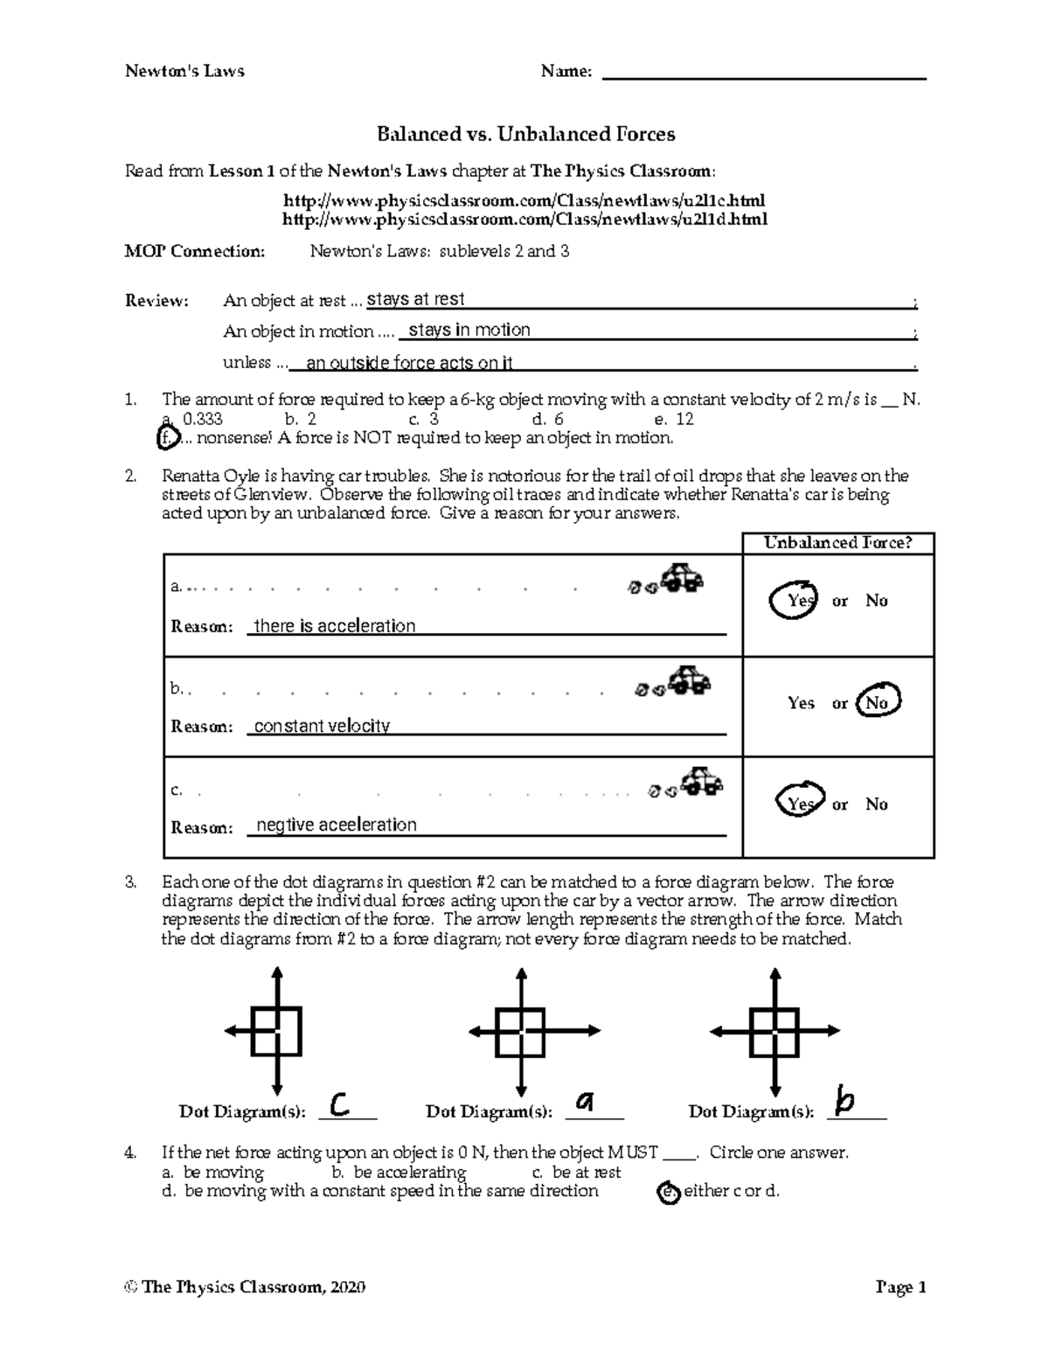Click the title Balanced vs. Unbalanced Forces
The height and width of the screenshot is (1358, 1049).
click(525, 134)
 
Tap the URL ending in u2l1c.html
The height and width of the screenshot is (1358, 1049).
click(525, 200)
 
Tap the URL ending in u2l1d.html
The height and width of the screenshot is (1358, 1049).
click(525, 219)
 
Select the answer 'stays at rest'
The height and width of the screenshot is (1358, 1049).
click(415, 300)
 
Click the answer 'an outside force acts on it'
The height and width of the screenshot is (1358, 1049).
click(409, 363)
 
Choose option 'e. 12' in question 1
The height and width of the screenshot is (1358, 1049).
click(673, 419)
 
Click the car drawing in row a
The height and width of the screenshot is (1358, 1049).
click(682, 578)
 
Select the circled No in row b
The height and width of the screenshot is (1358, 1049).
click(877, 702)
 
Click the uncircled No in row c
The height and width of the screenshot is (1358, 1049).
click(876, 804)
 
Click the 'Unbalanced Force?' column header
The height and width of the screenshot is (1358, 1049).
click(837, 543)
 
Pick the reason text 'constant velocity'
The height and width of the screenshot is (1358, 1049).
click(322, 726)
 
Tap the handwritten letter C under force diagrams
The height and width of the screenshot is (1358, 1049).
click(340, 1104)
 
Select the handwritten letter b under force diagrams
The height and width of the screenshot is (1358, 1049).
click(844, 1100)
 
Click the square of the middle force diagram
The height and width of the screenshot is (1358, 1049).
click(522, 1032)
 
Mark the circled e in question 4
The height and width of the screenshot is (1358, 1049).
click(669, 1192)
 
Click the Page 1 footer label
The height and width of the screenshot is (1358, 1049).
click(900, 1287)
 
